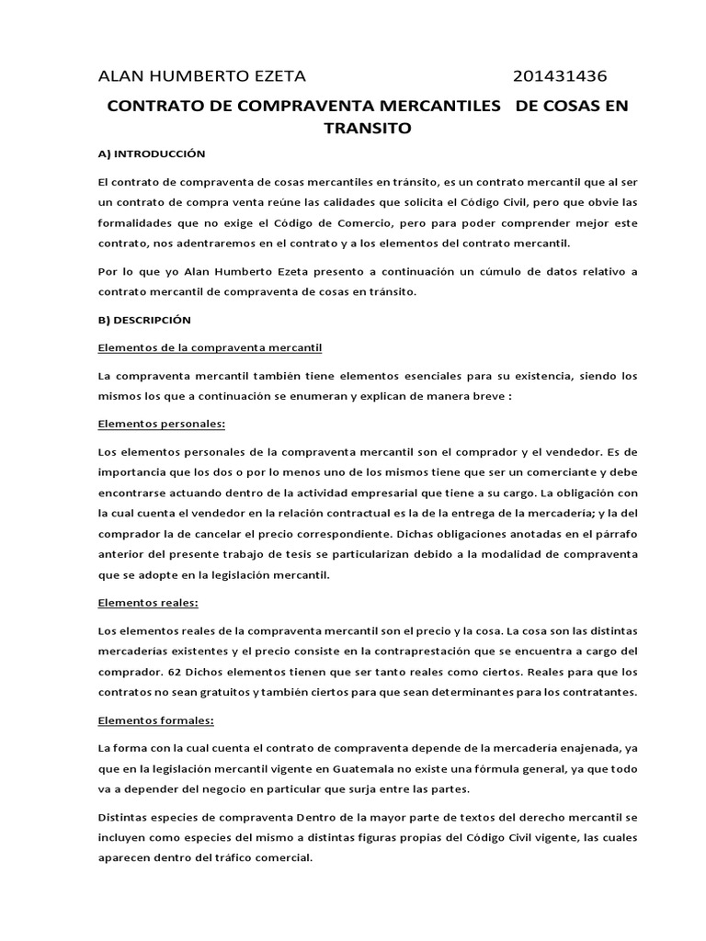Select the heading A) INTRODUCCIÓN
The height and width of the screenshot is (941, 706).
(151, 153)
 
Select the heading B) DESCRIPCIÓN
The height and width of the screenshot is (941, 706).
(143, 320)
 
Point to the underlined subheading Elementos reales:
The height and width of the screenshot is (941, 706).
(148, 603)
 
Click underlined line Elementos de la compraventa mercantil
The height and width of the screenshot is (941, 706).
(210, 347)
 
